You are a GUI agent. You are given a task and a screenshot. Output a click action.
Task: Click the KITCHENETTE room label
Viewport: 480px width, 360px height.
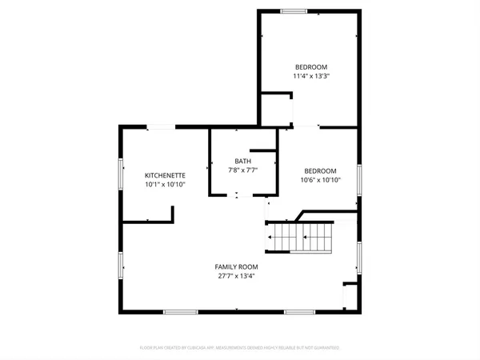pyautogui.click(x=165, y=175)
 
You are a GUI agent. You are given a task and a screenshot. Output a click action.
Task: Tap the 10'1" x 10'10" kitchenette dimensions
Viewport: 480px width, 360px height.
pyautogui.click(x=165, y=185)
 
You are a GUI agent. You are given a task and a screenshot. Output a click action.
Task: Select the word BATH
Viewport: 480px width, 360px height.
pyautogui.click(x=242, y=161)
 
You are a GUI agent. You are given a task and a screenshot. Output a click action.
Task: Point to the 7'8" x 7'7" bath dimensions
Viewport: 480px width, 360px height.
pyautogui.click(x=242, y=170)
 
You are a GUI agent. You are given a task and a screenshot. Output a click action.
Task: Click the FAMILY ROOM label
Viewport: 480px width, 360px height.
pyautogui.click(x=235, y=266)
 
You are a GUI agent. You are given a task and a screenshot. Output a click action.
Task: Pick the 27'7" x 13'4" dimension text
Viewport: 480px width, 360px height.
pyautogui.click(x=235, y=276)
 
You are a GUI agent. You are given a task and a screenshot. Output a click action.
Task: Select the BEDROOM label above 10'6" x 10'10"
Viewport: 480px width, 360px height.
pyautogui.click(x=320, y=170)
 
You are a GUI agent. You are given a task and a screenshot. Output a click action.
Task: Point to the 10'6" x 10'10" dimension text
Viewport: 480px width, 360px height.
pyautogui.click(x=320, y=180)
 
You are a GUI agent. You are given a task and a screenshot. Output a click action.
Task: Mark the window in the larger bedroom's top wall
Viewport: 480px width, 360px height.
pyautogui.click(x=293, y=11)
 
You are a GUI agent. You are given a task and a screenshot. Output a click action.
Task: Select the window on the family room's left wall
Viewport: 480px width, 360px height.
pyautogui.click(x=121, y=266)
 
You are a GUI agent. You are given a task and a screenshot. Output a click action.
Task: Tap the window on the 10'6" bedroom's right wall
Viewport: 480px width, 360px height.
pyautogui.click(x=359, y=175)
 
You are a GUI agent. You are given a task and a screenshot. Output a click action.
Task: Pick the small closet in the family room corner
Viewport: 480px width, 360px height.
pyautogui.click(x=350, y=296)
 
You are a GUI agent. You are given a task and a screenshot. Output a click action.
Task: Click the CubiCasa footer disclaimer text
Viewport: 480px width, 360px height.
pyautogui.click(x=239, y=348)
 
